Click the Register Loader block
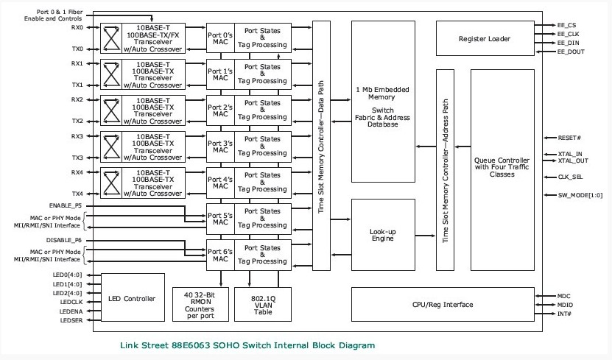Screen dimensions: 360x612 [484, 38]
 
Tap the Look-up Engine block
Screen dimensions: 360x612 [382, 235]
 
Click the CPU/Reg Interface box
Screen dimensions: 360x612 [443, 304]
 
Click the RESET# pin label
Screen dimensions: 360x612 [570, 138]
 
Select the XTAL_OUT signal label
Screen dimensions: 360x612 [573, 160]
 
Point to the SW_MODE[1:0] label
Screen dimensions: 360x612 [574, 195]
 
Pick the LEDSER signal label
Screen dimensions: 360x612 [70, 320]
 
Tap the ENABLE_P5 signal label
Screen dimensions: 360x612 [66, 205]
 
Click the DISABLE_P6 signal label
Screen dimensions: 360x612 [66, 240]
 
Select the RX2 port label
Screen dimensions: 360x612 [77, 99]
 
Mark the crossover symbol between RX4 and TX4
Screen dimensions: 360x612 [111, 183]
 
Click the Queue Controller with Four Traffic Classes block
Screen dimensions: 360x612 [502, 170]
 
